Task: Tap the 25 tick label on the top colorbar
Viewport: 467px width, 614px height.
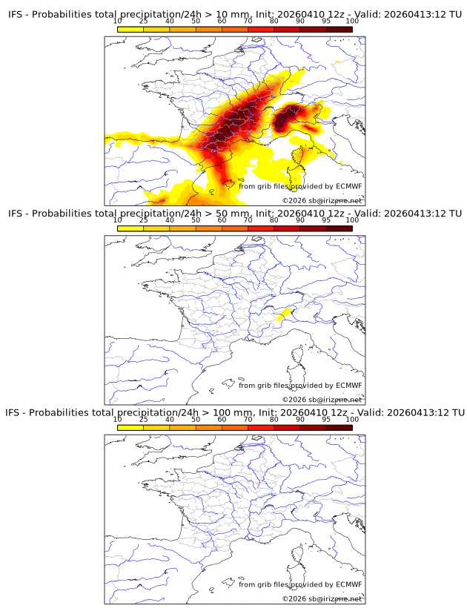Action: [144, 22]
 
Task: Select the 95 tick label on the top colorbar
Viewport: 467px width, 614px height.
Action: [326, 22]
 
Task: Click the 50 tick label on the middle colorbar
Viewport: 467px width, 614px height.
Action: [196, 220]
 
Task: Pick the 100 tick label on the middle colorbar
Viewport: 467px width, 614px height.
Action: [352, 220]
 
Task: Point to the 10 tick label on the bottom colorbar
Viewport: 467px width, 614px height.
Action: [118, 419]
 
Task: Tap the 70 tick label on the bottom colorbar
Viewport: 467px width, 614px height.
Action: [248, 419]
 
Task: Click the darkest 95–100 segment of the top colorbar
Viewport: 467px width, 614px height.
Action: [339, 29]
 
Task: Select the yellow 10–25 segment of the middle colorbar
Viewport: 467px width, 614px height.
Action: [130, 228]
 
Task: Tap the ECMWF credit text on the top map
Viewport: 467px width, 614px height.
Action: [300, 186]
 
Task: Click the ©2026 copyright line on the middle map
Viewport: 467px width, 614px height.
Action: [322, 400]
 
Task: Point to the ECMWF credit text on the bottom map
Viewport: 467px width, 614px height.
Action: [300, 584]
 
